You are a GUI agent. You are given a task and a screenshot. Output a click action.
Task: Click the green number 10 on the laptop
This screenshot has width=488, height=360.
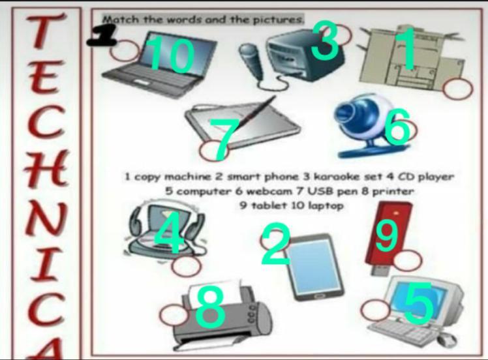click(x=172, y=55)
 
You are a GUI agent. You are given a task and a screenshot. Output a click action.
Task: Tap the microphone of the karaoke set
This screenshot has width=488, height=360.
click(x=251, y=60)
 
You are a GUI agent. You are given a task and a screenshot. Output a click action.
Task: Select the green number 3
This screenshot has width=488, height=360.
click(x=325, y=40)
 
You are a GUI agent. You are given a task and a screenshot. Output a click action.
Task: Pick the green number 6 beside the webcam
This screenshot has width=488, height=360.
click(x=397, y=127)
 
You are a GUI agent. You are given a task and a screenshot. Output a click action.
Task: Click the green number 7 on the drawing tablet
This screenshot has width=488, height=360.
click(x=223, y=138)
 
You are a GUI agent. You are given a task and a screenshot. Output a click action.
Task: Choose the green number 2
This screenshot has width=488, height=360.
click(x=275, y=245)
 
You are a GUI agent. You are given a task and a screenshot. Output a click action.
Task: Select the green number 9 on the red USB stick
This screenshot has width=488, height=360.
click(x=387, y=235)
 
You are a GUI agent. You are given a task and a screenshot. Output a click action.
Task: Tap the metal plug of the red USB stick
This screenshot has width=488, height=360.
click(x=380, y=270)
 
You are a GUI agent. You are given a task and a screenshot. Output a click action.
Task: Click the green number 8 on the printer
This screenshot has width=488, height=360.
click(x=210, y=307)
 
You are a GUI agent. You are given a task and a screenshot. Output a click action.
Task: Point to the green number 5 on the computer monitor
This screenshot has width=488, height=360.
click(x=418, y=303)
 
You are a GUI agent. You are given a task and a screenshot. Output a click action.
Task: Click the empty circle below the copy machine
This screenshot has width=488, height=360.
click(x=458, y=89)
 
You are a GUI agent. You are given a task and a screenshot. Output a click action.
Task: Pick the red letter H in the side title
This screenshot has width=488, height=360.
click(x=45, y=168)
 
